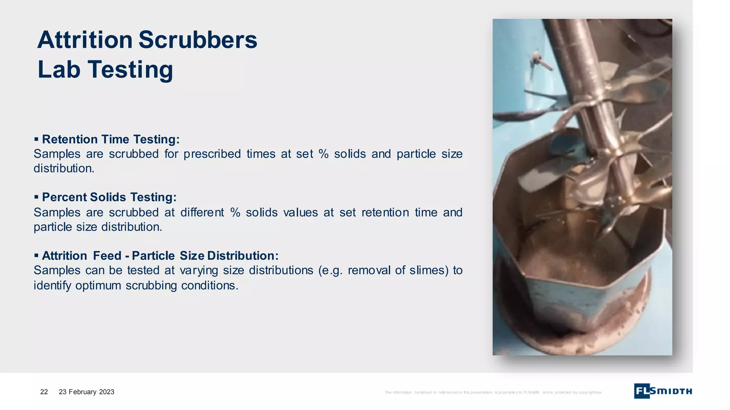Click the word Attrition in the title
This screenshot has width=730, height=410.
point(85,40)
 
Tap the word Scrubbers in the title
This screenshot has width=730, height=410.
point(198,40)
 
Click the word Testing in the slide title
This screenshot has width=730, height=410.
point(130,70)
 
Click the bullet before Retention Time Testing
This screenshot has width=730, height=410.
point(36,139)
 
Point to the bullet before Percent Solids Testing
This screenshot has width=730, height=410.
point(36,197)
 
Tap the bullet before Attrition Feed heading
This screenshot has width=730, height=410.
point(36,255)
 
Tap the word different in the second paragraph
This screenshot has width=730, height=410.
point(202,212)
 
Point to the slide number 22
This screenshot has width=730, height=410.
point(44,392)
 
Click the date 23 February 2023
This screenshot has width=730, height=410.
point(86,392)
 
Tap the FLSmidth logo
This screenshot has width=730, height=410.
point(663,391)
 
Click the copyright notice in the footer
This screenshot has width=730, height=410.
point(493,393)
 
